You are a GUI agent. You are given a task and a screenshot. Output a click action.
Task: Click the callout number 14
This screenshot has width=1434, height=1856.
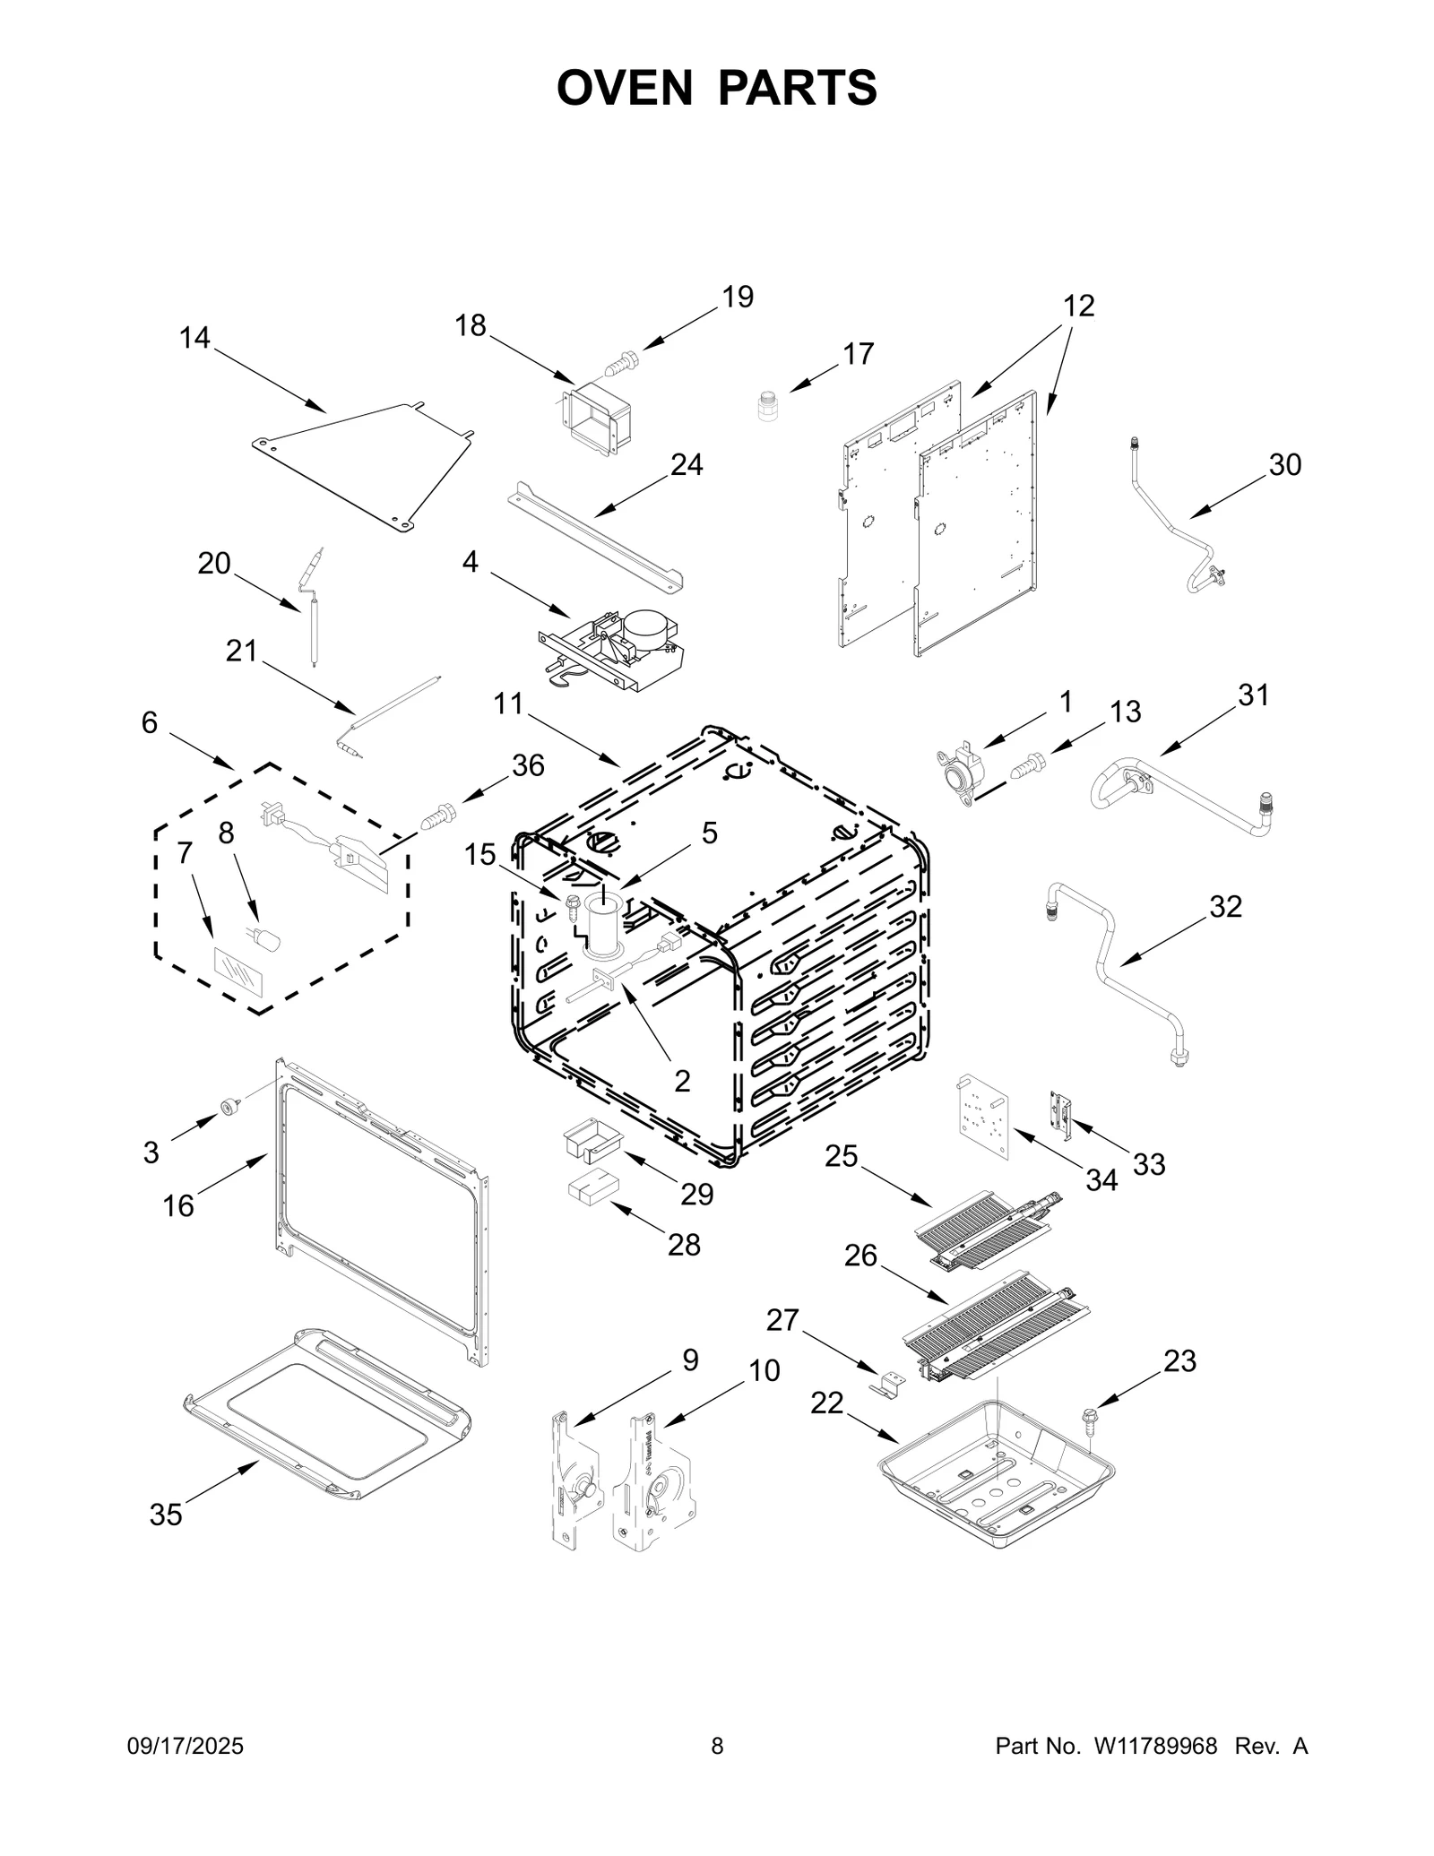pos(194,338)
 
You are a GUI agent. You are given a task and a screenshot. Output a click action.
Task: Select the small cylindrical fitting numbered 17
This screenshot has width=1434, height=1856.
pos(766,405)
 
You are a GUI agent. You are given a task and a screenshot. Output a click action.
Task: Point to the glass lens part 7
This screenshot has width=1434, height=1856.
pos(238,971)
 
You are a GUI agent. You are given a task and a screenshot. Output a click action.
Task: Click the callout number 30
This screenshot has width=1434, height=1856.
pos(1284,465)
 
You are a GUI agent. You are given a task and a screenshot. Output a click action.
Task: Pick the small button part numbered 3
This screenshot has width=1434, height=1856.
pos(232,1108)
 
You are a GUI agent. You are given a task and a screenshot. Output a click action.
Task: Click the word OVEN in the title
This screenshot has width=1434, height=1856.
pos(624,88)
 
